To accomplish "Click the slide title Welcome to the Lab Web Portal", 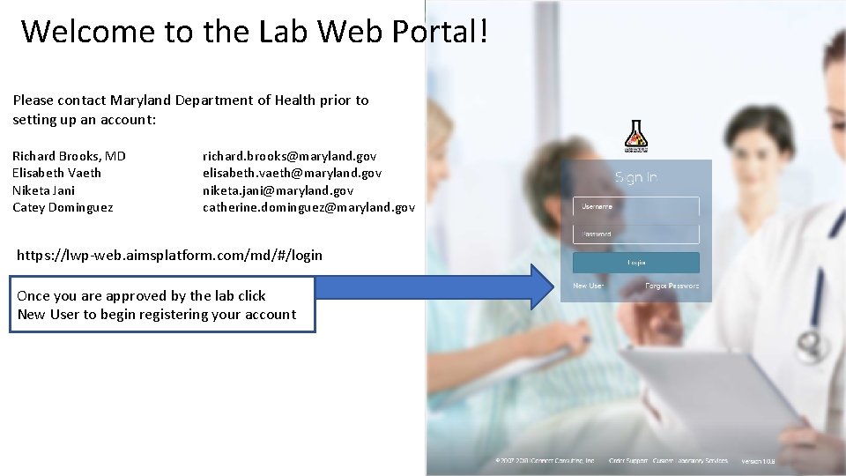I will coord(254,31).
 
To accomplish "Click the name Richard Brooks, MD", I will coord(69,156).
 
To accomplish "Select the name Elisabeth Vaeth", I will coord(56,173).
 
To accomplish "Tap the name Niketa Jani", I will coord(43,190).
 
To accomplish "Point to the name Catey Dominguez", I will coord(63,208).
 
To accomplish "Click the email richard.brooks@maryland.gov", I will coord(289,156).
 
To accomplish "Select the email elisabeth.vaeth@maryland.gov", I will coord(292,173).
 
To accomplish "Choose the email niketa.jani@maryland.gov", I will coord(278,190).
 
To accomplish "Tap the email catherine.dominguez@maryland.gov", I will coord(308,208).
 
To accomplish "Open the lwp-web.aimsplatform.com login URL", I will coord(170,255).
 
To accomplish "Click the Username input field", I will coord(636,206).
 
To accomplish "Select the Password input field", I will coord(636,234).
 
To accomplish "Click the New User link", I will coord(588,286).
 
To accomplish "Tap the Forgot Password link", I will coord(672,286).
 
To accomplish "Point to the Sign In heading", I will coord(636,177).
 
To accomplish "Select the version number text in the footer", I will coord(757,461).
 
